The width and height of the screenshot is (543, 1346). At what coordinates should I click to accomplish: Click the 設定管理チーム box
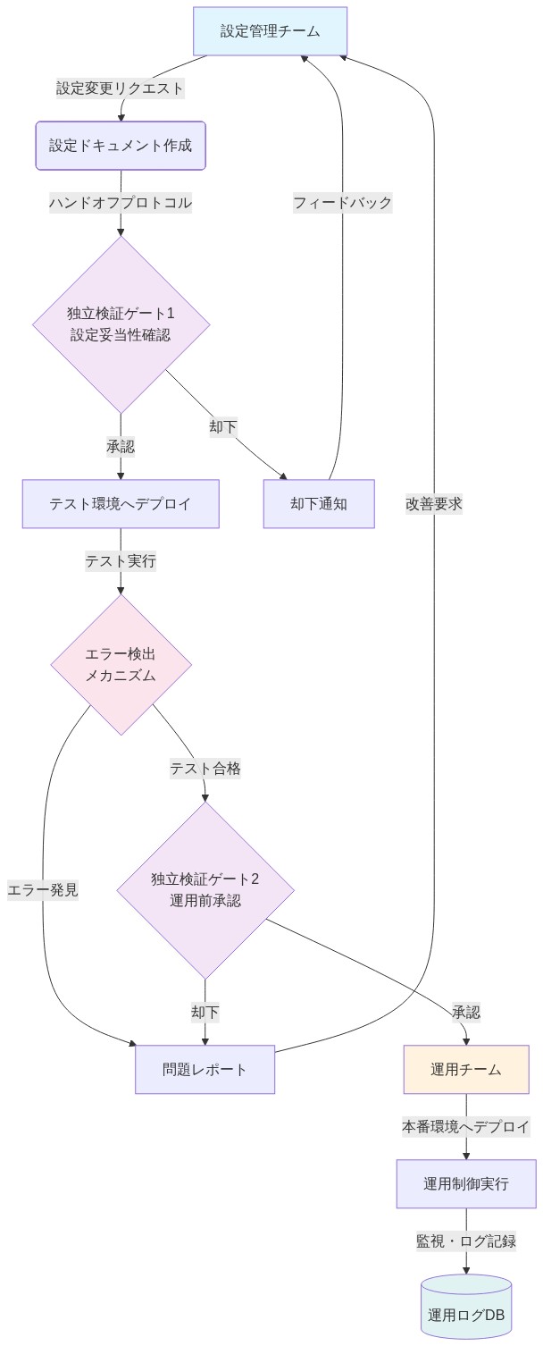coord(270,31)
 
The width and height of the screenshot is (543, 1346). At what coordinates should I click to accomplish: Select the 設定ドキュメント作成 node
coord(121,146)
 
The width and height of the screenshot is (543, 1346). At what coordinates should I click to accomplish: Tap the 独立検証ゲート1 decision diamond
coord(121,324)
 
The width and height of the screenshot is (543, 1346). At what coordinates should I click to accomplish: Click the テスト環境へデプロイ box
coord(121,504)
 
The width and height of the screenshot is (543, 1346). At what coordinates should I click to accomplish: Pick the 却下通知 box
coord(319,504)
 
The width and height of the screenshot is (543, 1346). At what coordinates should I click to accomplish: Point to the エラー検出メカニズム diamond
coord(121,665)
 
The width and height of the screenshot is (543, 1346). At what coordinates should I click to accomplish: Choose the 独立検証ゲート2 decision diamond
coord(205,890)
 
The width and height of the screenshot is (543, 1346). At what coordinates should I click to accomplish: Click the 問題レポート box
coord(205,1069)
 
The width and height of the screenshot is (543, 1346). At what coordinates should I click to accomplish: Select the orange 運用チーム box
coord(466,1069)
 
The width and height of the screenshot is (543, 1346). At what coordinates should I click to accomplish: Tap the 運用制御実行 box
coord(466,1183)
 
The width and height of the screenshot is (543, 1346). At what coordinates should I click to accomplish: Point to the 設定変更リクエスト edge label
coord(121,88)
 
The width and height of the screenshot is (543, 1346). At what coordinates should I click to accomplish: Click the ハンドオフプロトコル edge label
coord(121,203)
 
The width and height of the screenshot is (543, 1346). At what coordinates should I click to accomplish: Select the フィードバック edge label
coord(343,203)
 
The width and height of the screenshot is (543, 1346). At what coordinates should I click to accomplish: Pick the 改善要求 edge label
coord(434,504)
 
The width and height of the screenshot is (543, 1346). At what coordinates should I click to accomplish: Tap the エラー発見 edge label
coord(43,890)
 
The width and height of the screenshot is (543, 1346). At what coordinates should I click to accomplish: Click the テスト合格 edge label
coord(205,769)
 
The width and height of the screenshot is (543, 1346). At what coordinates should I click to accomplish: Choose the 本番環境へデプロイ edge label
coord(466,1126)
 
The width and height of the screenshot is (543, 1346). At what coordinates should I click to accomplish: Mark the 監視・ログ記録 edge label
coord(466,1241)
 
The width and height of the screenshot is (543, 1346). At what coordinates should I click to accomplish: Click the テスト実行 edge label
coord(121,561)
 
